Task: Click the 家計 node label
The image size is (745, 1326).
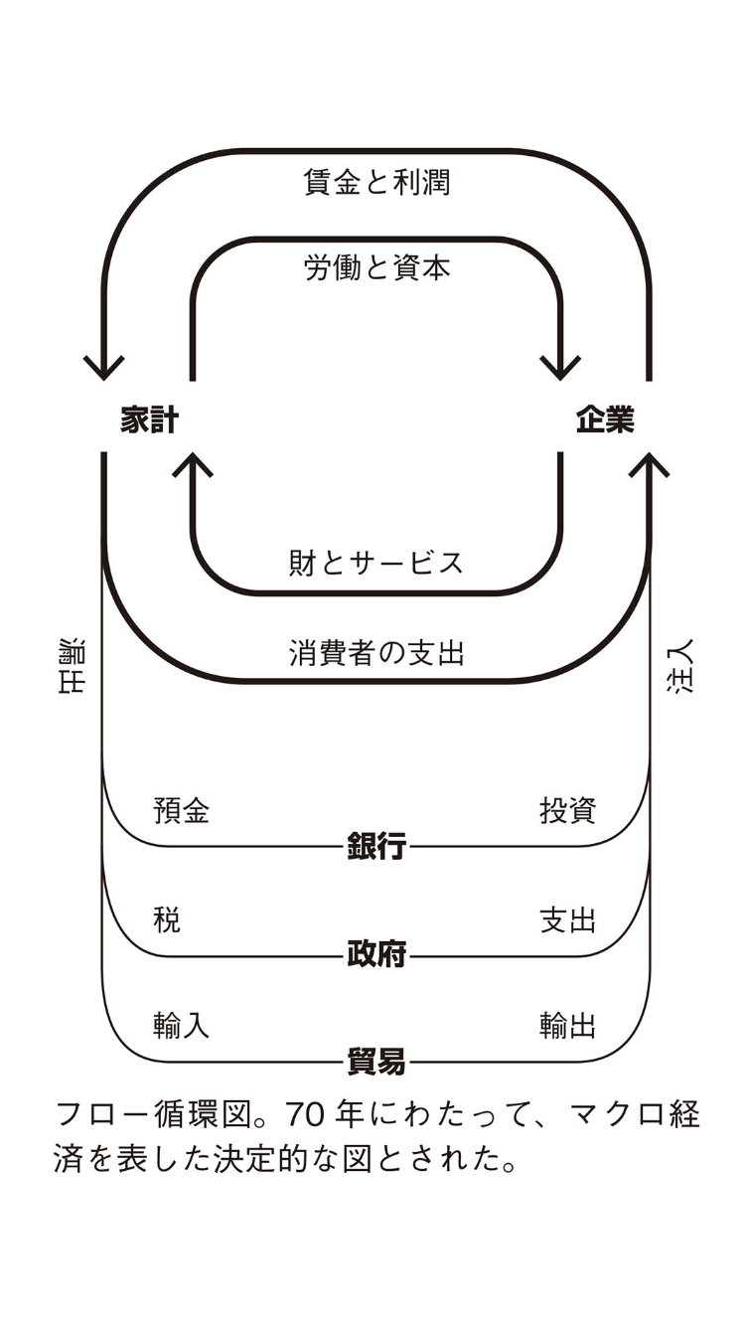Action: tap(149, 420)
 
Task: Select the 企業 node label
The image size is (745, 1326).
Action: tap(605, 420)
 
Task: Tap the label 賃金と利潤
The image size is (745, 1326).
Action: tap(376, 183)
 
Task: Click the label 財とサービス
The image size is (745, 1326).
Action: tap(376, 563)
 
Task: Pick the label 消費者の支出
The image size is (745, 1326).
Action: tap(376, 653)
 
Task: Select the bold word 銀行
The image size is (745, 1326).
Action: tap(376, 847)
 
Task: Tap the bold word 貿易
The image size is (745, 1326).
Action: tap(376, 1062)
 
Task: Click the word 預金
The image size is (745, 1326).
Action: tap(182, 811)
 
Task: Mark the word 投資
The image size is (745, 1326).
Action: tap(567, 811)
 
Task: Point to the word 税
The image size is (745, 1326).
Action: tap(167, 919)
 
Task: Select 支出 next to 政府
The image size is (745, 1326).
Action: tap(567, 919)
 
